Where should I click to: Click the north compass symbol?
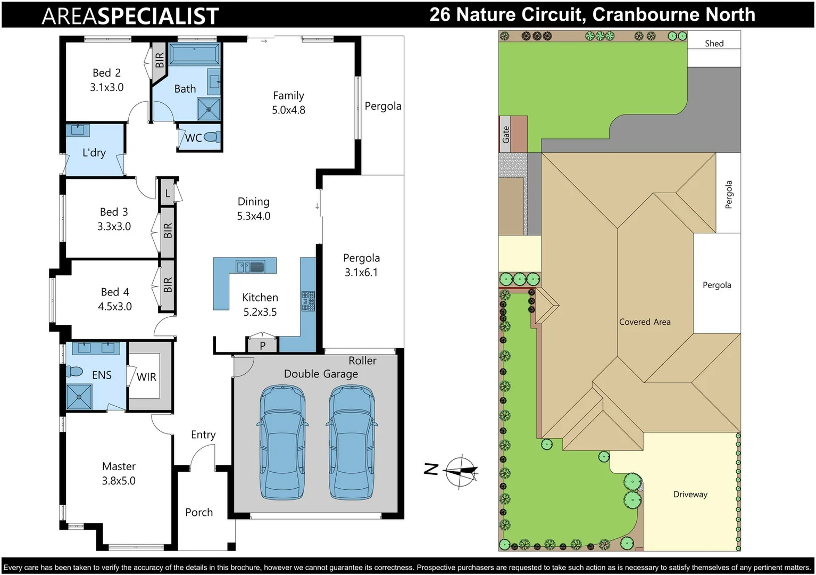(x=461, y=471)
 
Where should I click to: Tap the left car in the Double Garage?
(x=282, y=442)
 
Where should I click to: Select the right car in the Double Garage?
(x=351, y=442)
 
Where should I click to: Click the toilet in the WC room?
(x=212, y=137)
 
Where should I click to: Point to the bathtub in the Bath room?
(x=194, y=55)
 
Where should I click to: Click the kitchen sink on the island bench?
(x=251, y=266)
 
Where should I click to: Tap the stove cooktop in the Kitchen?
(x=308, y=301)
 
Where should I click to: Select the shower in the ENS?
(x=79, y=397)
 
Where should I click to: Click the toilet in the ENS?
(x=74, y=371)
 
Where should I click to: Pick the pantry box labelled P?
(x=262, y=345)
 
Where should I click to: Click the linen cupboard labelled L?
(x=168, y=193)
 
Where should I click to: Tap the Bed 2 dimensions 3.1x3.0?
(x=106, y=87)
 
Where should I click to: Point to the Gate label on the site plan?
(x=506, y=134)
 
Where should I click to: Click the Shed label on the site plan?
(x=714, y=44)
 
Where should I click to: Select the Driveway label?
(x=690, y=494)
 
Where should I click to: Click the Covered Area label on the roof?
(x=645, y=322)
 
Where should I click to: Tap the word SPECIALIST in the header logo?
(x=158, y=16)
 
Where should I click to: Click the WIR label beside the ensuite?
(x=146, y=377)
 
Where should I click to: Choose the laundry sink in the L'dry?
(x=78, y=130)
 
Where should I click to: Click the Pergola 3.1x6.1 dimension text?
(x=361, y=273)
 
